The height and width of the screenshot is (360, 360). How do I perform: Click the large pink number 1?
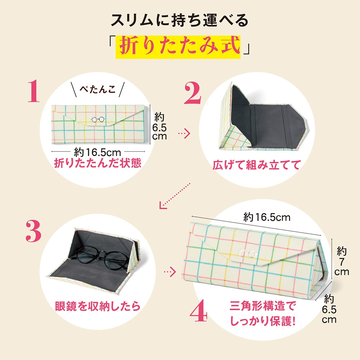pyautogui.click(x=33, y=91)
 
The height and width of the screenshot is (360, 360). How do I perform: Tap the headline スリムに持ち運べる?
pyautogui.click(x=180, y=20)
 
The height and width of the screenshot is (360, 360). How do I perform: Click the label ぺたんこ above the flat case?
pyautogui.click(x=98, y=89)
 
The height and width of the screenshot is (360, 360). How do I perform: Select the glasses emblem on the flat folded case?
pyautogui.click(x=98, y=120)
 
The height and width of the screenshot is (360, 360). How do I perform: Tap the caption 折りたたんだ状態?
pyautogui.click(x=98, y=163)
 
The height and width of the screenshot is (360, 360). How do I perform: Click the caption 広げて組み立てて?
pyautogui.click(x=256, y=165)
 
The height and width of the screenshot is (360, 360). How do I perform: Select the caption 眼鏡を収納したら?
pyautogui.click(x=98, y=306)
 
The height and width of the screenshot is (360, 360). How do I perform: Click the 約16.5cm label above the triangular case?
pyautogui.click(x=267, y=217)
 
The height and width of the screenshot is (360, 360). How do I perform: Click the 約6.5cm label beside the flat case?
pyautogui.click(x=159, y=126)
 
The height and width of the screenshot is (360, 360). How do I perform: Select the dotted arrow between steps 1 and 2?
pyautogui.click(x=184, y=133)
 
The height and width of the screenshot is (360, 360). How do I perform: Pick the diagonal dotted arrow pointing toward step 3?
pyautogui.click(x=175, y=196)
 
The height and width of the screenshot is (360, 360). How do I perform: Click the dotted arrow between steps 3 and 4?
pyautogui.click(x=170, y=272)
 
